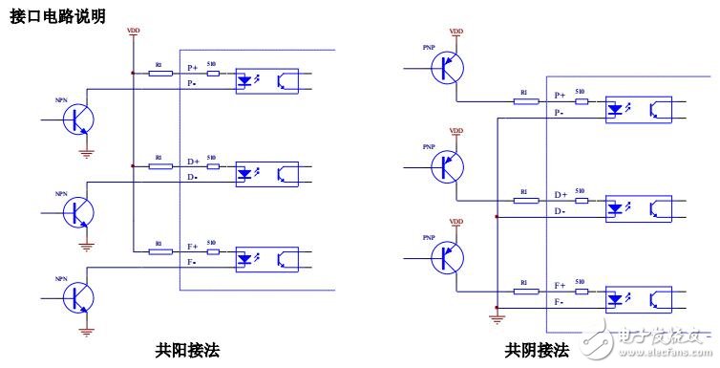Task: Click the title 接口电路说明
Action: [57, 16]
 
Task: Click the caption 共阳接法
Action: [187, 350]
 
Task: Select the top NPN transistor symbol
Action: [78, 119]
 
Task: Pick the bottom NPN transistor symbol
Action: [78, 298]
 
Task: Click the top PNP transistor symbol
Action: [446, 68]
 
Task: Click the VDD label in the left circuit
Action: [134, 32]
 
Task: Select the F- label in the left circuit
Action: [193, 262]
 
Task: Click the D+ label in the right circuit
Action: [561, 195]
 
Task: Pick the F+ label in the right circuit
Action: [561, 285]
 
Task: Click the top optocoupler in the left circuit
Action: [266, 80]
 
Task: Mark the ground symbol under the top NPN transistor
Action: [87, 151]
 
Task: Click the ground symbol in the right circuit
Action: [496, 318]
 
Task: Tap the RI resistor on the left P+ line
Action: [160, 74]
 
